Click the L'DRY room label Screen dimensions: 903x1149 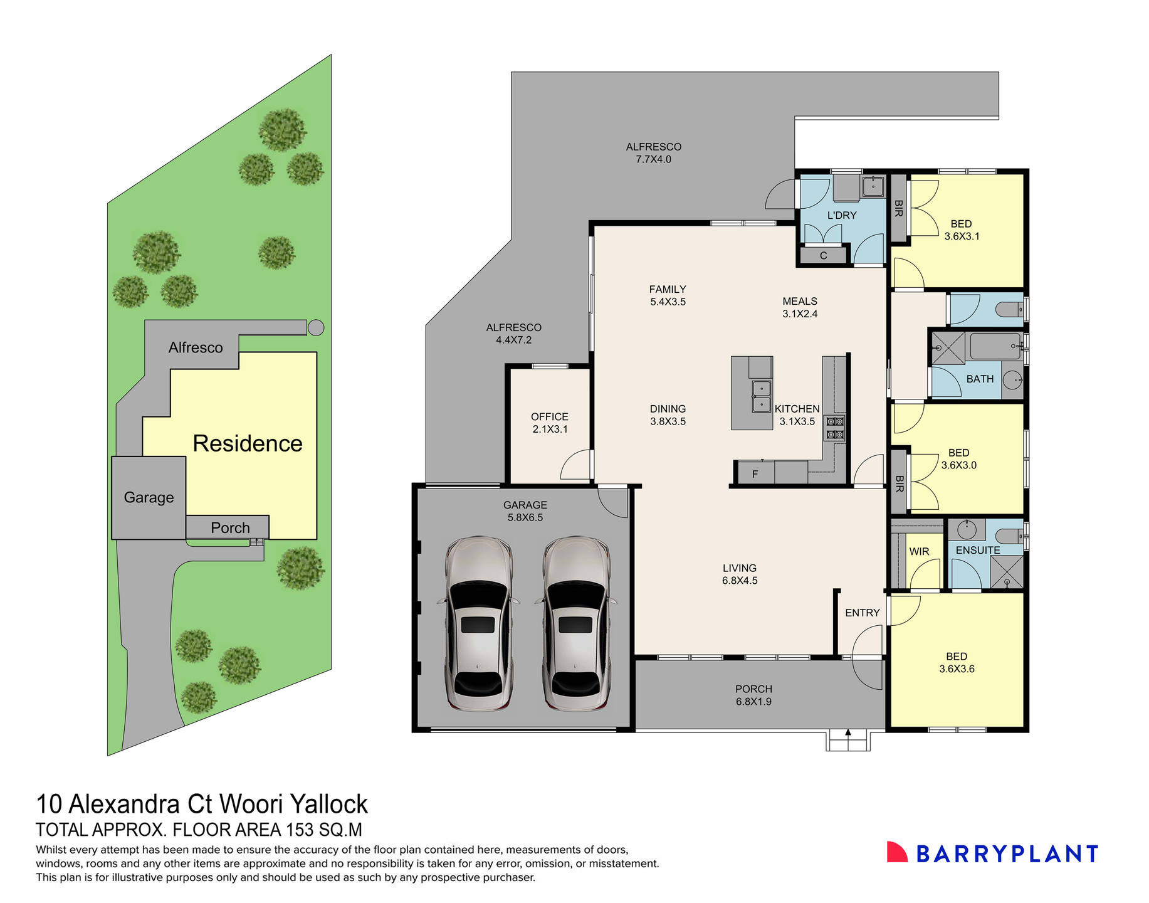coord(841,215)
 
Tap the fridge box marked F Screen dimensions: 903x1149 coord(755,474)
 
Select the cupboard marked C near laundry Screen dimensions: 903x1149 coord(823,255)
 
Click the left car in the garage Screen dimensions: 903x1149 coord(478,624)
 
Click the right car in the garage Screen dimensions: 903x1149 coord(575,624)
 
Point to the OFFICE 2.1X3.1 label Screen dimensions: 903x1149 coord(549,423)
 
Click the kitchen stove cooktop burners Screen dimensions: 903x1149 coord(835,428)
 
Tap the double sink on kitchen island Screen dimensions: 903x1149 coord(761,396)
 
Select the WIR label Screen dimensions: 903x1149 coord(918,551)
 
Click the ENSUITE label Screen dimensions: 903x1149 coord(977,550)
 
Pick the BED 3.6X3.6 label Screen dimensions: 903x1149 coord(957,662)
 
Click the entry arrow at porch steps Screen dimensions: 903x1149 coord(848,732)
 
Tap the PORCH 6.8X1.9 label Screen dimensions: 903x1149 coord(753,695)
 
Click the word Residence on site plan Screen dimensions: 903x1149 coord(247,443)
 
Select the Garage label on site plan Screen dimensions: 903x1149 coord(149,497)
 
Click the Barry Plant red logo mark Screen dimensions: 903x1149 coord(897,852)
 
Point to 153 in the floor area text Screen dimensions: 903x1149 coord(299,830)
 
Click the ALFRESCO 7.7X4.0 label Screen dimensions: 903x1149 coord(653,152)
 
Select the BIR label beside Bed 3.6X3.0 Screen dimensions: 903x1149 coord(899,483)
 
